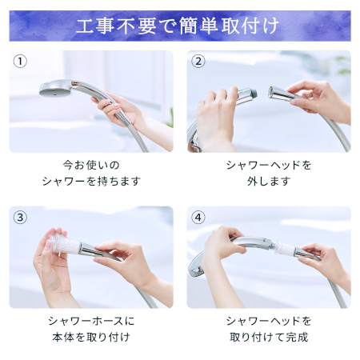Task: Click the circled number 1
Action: [x=20, y=62]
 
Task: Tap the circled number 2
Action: [x=198, y=62]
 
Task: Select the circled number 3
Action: [x=20, y=218]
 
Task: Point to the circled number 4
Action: [x=198, y=218]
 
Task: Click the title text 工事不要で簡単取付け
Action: [x=178, y=26]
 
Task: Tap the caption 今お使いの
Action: [x=91, y=165]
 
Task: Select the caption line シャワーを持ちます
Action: [x=91, y=182]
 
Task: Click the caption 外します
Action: [x=269, y=182]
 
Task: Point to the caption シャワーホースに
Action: [x=91, y=321]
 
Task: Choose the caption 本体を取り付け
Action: [x=91, y=337]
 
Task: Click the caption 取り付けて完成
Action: [x=269, y=337]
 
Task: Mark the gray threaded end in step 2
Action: [x=254, y=93]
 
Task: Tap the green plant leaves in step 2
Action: [x=344, y=66]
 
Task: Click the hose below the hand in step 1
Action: [x=139, y=138]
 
